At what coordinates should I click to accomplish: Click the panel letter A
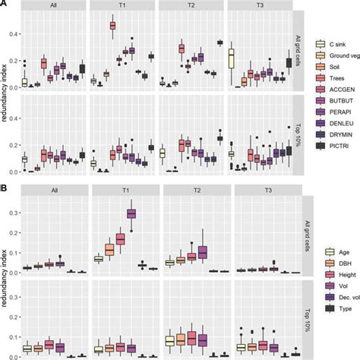click(x=5, y=5)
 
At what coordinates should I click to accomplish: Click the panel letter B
click(x=5, y=185)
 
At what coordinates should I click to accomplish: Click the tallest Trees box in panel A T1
click(x=112, y=26)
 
